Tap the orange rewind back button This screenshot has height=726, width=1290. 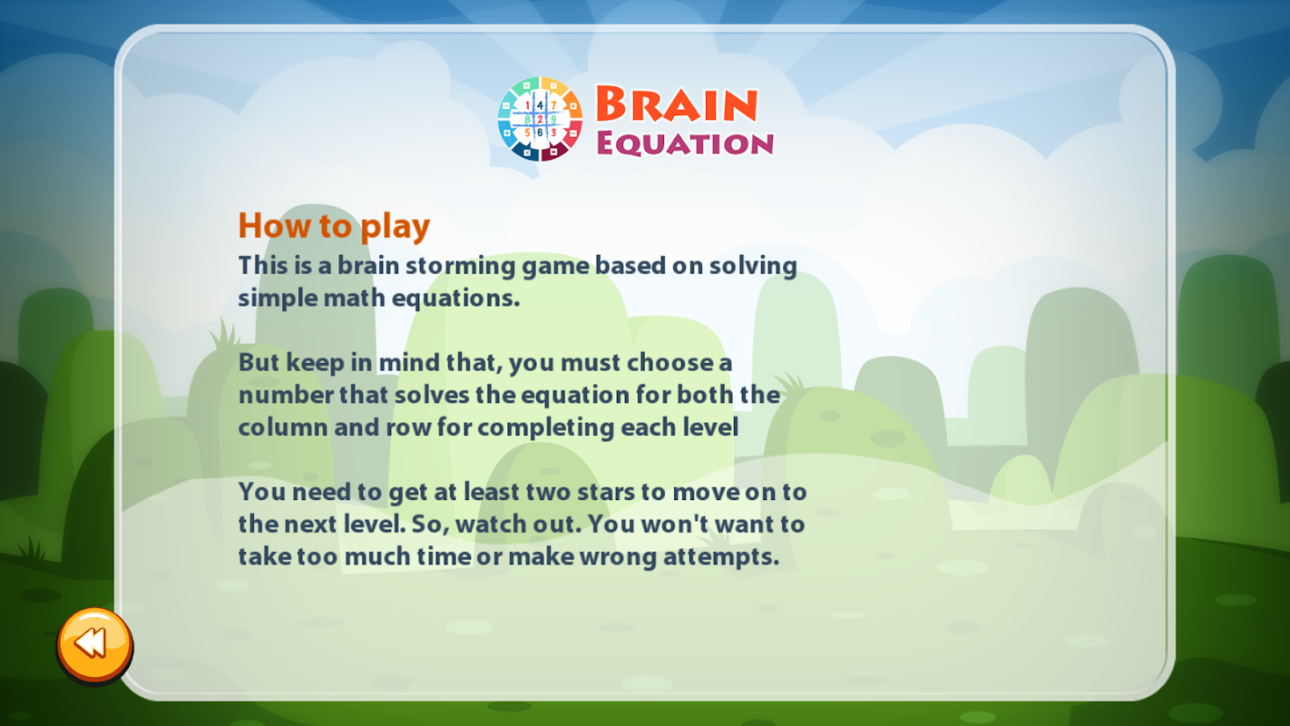[x=95, y=645]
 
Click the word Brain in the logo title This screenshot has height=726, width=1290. [x=677, y=104]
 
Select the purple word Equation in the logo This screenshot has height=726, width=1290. [x=685, y=142]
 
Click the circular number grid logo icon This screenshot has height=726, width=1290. [x=540, y=119]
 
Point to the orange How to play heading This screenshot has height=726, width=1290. [x=334, y=225]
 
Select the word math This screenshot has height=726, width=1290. [x=354, y=299]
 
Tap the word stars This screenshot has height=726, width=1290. [x=606, y=493]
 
